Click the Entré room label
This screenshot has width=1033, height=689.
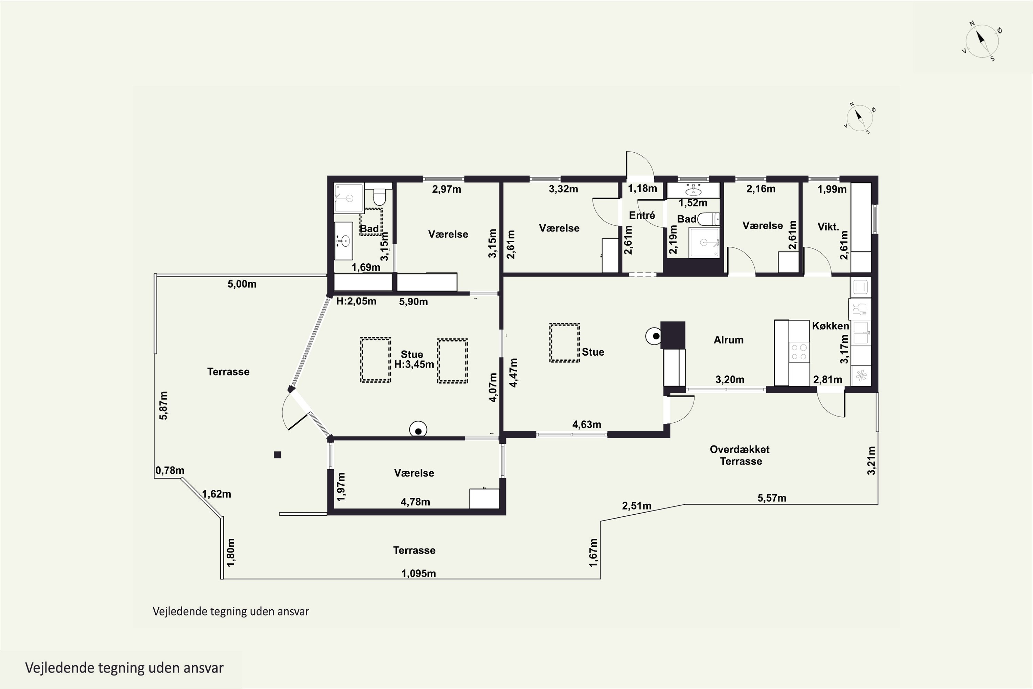[642, 215]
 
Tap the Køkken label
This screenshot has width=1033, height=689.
[830, 326]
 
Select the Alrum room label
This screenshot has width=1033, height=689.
[729, 340]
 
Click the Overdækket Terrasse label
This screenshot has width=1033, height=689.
[740, 455]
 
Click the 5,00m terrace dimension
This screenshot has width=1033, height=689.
[242, 284]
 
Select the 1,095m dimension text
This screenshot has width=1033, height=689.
[419, 574]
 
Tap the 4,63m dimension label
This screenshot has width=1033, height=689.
[587, 424]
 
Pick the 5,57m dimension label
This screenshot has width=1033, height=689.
[772, 498]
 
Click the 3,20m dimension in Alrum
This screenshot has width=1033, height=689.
[730, 379]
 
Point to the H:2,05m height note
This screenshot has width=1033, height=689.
[356, 301]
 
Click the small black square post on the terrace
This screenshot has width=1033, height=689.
[278, 455]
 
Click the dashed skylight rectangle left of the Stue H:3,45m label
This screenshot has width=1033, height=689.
[376, 359]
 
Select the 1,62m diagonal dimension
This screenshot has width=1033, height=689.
[217, 494]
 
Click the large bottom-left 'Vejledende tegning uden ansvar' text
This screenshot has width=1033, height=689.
[124, 668]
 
